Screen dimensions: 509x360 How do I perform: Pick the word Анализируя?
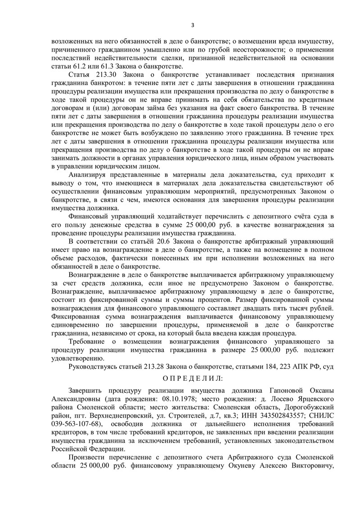pos(89,173)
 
